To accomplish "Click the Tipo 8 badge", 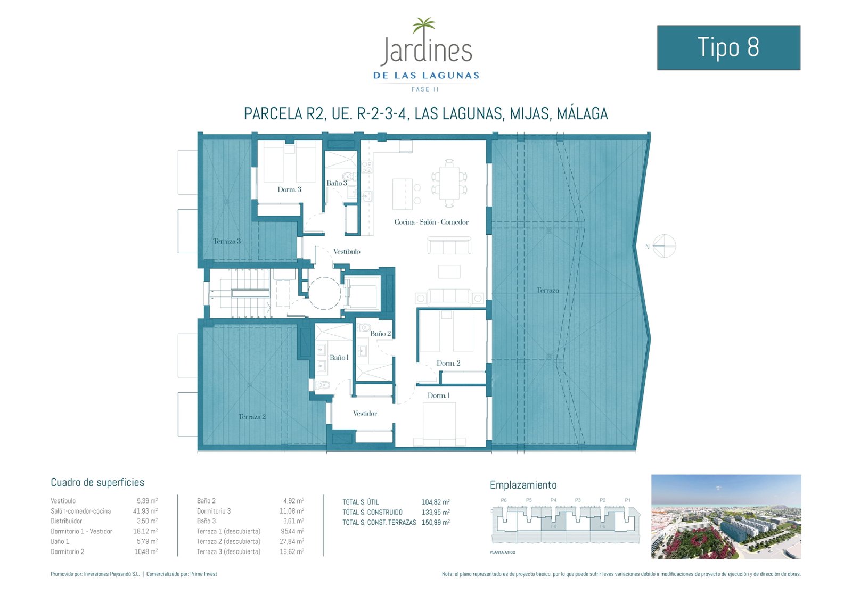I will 728,47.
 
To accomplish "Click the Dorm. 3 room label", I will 289,189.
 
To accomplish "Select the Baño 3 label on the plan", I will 337,183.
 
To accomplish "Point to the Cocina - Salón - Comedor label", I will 431,222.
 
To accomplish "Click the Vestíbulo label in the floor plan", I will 347,251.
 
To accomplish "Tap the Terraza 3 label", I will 227,241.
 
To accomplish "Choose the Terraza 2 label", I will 252,417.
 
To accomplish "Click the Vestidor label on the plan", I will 365,414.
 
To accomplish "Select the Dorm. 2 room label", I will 448,363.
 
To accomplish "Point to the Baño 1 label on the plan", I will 339,358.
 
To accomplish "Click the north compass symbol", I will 663,246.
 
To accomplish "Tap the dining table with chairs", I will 449,183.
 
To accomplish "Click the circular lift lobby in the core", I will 324,293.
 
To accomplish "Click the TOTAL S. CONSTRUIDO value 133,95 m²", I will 435,512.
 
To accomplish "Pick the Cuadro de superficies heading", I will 97,482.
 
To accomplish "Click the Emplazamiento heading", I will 523,485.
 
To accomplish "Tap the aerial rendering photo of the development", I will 726,516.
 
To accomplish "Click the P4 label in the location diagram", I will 553,500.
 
